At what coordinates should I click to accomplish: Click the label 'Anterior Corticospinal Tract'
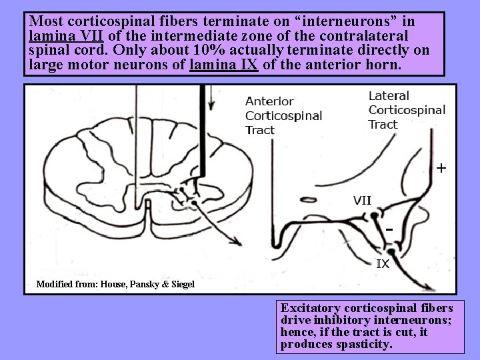(x=283, y=115)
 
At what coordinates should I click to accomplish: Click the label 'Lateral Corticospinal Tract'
(x=407, y=110)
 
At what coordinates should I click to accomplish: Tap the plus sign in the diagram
(x=441, y=168)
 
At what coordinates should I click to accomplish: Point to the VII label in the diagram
(x=362, y=199)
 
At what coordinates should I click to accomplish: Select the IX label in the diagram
(x=383, y=264)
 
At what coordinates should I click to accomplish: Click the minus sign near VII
(x=389, y=229)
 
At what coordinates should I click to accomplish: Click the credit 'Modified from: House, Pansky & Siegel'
(x=115, y=285)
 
